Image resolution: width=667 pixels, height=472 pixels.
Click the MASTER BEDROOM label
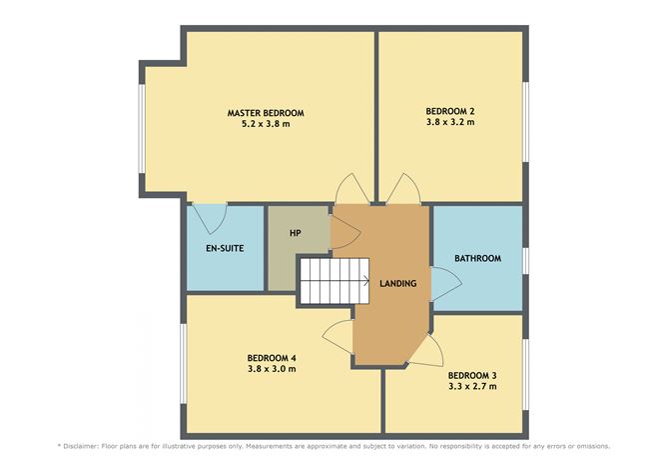point(265,113)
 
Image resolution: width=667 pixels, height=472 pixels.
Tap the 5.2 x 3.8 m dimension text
point(265,125)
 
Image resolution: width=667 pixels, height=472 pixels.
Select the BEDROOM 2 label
point(449,110)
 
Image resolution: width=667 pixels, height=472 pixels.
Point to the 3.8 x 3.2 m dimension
point(449,122)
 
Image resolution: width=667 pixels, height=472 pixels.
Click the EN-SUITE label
point(226,248)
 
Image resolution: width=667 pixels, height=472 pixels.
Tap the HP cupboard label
point(296,233)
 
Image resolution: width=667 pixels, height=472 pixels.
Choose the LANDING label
point(398,284)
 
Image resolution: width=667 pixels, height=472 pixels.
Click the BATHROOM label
point(477,258)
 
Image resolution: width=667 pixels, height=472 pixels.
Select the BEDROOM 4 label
point(272,357)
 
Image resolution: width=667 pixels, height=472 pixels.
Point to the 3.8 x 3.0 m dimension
point(272,369)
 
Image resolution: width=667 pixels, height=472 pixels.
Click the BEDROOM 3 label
point(472,375)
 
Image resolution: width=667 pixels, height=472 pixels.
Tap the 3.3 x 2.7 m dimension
point(472,387)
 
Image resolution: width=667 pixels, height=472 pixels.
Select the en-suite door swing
point(210,214)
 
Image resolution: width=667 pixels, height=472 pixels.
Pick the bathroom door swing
point(445,282)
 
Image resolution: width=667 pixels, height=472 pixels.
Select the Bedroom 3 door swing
point(430,347)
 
